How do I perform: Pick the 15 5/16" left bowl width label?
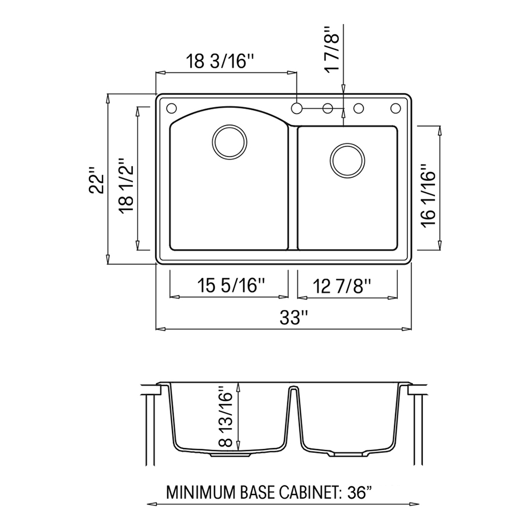pyautogui.click(x=230, y=286)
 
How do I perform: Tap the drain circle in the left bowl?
pyautogui.click(x=229, y=141)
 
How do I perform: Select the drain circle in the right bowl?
pyautogui.click(x=348, y=159)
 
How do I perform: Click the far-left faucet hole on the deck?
pyautogui.click(x=171, y=108)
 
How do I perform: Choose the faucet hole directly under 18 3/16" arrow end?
pyautogui.click(x=297, y=108)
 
